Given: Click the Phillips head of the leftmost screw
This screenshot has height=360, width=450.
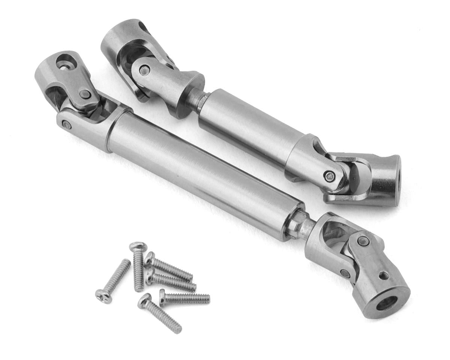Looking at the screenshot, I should [x=100, y=295].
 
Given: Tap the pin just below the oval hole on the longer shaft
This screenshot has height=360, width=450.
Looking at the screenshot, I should [x=85, y=94].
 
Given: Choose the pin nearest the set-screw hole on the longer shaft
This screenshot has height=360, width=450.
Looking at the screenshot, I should [x=363, y=241].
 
